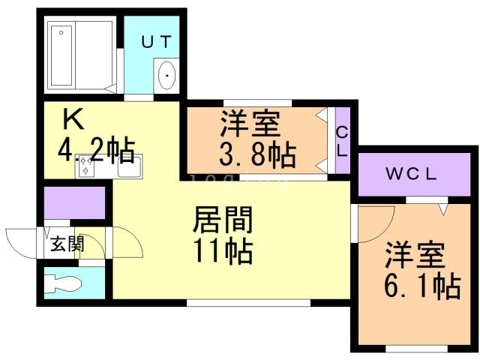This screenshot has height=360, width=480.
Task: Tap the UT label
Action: [157, 41]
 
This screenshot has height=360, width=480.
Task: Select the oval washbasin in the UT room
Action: [166, 76]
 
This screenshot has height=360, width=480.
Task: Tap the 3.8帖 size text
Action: [257, 156]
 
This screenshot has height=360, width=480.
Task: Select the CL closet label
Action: [342, 142]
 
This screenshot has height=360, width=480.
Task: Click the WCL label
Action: [411, 175]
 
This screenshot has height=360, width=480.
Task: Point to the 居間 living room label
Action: [223, 220]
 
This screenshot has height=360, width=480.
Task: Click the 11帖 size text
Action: [223, 251]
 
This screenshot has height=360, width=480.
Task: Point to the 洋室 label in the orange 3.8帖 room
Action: [249, 122]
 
